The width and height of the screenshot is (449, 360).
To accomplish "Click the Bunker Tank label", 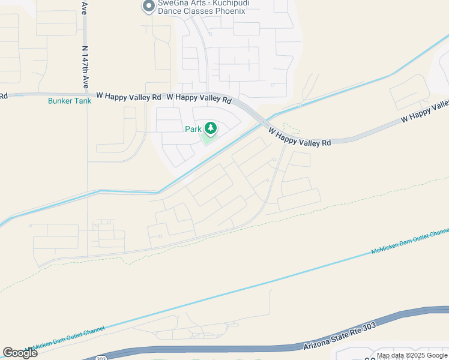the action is click(70, 101).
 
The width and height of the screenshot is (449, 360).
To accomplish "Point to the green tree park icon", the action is click(210, 128).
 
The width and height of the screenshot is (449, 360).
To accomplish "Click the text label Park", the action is click(193, 129).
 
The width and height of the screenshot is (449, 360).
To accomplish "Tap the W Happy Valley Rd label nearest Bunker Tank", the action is click(128, 95).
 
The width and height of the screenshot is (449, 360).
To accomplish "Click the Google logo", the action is click(20, 352).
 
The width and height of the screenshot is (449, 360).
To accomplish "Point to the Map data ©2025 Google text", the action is click(412, 355).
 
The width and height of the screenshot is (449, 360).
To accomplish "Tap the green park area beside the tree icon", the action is click(206, 139).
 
